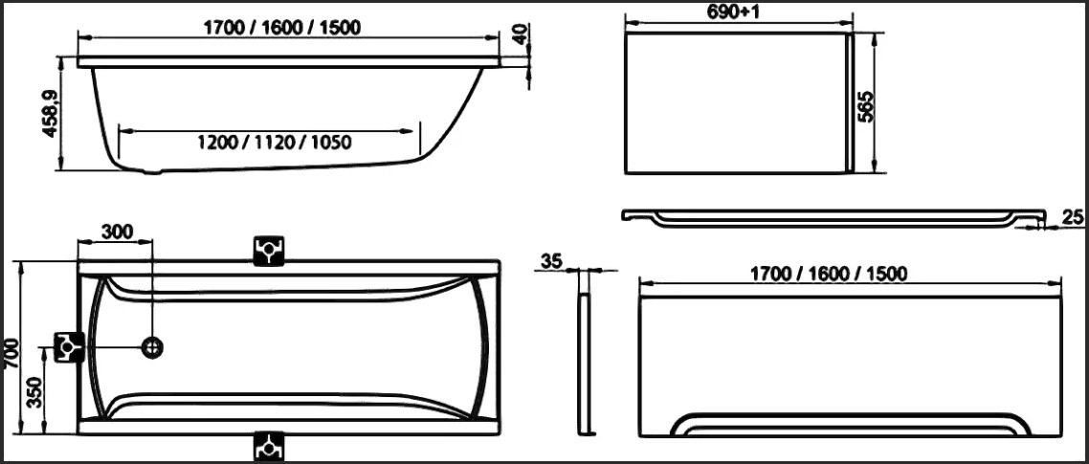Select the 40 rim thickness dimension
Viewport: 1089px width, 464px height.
pos(521,33)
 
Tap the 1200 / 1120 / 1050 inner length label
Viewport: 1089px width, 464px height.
pos(275,144)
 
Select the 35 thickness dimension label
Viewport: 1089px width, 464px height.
pos(550,260)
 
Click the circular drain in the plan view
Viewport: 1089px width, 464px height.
pos(152,347)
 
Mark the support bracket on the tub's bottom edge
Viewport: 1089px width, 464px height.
pos(269,445)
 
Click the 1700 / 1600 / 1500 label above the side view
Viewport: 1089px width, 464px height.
pos(281,28)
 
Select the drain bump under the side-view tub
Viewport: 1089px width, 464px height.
pos(153,173)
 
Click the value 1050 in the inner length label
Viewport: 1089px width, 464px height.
pos(331,144)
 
